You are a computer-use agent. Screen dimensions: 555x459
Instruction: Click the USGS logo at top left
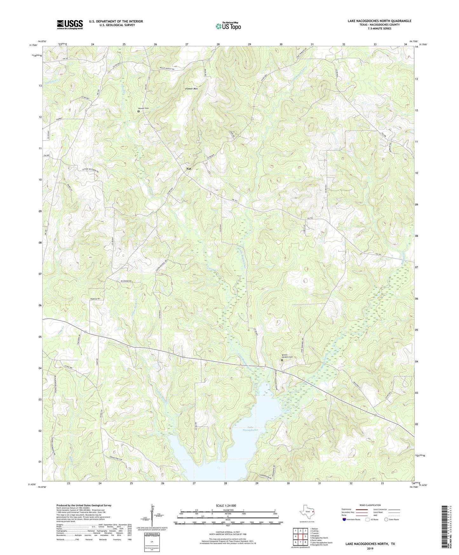pos(70,24)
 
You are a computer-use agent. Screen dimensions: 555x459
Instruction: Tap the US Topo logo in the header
pos(228,26)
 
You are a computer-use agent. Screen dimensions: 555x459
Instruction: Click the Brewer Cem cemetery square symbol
pos(138,112)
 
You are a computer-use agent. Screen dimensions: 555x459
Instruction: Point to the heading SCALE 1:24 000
pos(227,505)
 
